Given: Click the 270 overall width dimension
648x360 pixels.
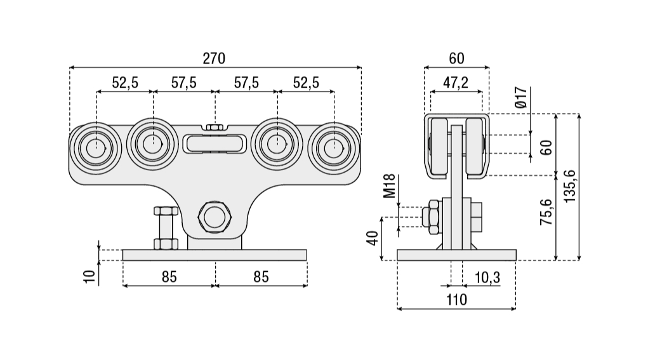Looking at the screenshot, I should [x=214, y=58].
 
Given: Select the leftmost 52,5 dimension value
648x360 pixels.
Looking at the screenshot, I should [x=125, y=83].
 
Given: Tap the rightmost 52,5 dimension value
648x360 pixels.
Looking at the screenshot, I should [x=305, y=83].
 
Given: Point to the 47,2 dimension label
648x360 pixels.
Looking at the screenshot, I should [x=455, y=83].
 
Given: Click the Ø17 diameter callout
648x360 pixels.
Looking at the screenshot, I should [x=520, y=96].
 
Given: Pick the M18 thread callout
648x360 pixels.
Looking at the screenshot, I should [x=390, y=185].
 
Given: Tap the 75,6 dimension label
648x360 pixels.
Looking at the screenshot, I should [x=545, y=212].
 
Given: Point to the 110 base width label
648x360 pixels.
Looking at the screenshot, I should [x=456, y=300].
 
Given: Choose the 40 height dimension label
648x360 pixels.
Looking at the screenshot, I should [x=373, y=238].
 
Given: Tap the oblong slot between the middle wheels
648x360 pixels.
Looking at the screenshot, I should [x=215, y=144].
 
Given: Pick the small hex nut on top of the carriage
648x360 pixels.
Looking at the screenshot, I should [x=215, y=127].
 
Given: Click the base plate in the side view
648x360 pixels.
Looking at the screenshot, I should [x=456, y=255].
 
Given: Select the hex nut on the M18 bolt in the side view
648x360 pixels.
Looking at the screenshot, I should [x=434, y=215].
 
